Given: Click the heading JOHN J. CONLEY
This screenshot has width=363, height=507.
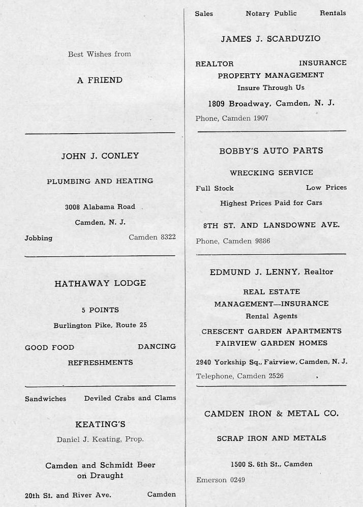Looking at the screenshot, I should pos(100,156).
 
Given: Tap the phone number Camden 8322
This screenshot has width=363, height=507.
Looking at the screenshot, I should pos(152,237).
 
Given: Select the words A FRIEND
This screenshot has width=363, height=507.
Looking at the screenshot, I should pos(100,80).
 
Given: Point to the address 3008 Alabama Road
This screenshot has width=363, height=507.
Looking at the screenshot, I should pos(100,207).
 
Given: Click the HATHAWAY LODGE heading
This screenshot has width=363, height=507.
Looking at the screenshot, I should pos(100,283).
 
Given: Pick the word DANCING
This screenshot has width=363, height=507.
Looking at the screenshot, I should pos(157,346).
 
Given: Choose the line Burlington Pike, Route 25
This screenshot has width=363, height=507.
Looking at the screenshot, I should pos(100,325).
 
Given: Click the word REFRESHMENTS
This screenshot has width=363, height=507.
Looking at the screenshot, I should pos(100,363).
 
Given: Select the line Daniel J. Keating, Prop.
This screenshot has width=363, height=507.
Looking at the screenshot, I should pos(100,439).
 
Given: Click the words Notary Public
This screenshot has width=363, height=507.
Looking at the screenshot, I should pos(271,13).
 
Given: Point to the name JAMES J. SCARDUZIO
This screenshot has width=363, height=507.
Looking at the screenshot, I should pos(270,39).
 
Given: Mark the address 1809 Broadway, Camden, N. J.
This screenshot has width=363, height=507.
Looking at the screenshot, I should pos(271,103).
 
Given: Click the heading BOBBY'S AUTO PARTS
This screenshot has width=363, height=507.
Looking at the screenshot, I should pos(271,151).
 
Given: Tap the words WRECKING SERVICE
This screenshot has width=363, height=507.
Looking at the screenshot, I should pos(271,173).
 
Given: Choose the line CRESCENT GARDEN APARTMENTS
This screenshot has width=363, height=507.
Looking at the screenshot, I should pos(271,331).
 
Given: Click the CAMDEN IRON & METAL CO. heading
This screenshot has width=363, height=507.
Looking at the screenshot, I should pos(271,414).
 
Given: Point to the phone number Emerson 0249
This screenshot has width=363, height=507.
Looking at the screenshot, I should pos(220,480).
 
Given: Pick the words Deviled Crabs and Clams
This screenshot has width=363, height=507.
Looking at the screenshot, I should pos(130,398).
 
